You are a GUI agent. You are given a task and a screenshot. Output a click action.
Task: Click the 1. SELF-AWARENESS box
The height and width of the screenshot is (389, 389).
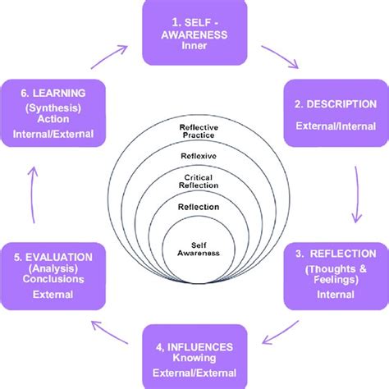pos(194,33)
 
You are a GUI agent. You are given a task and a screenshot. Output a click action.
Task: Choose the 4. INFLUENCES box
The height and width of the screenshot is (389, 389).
pos(194,355)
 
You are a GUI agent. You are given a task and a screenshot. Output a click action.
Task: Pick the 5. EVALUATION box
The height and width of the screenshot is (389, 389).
pos(53,274)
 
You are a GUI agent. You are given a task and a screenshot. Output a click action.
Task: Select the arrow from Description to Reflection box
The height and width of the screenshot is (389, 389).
pos(356,193)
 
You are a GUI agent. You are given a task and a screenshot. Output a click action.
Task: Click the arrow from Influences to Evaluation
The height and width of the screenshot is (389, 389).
pos(107,333)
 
